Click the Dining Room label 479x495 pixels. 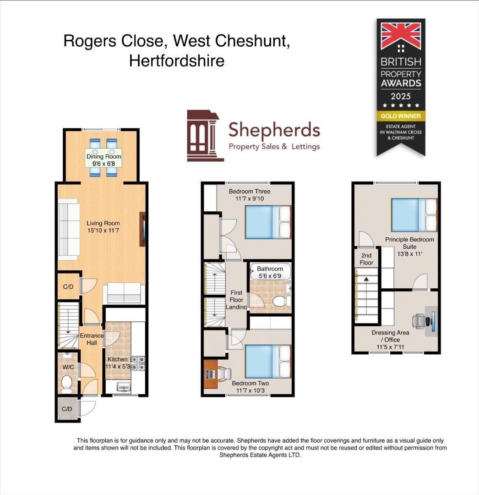click(x=104, y=156)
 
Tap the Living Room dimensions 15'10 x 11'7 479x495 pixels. click(x=104, y=231)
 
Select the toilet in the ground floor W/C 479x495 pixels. click(x=67, y=384)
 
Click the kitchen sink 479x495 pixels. click(x=122, y=388)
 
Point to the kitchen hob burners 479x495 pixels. click(x=138, y=363)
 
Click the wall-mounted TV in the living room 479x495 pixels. click(x=143, y=229)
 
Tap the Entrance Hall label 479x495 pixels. click(x=92, y=339)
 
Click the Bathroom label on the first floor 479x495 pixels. click(x=270, y=269)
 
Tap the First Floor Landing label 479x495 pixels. click(x=236, y=300)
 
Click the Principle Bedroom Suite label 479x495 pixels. click(x=409, y=243)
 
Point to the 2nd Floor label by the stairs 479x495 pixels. click(x=366, y=259)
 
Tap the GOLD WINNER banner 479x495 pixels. click(x=401, y=116)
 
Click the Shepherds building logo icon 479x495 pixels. click(x=205, y=136)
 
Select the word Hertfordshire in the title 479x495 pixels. click(x=177, y=60)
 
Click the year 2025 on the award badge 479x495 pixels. click(x=401, y=96)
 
